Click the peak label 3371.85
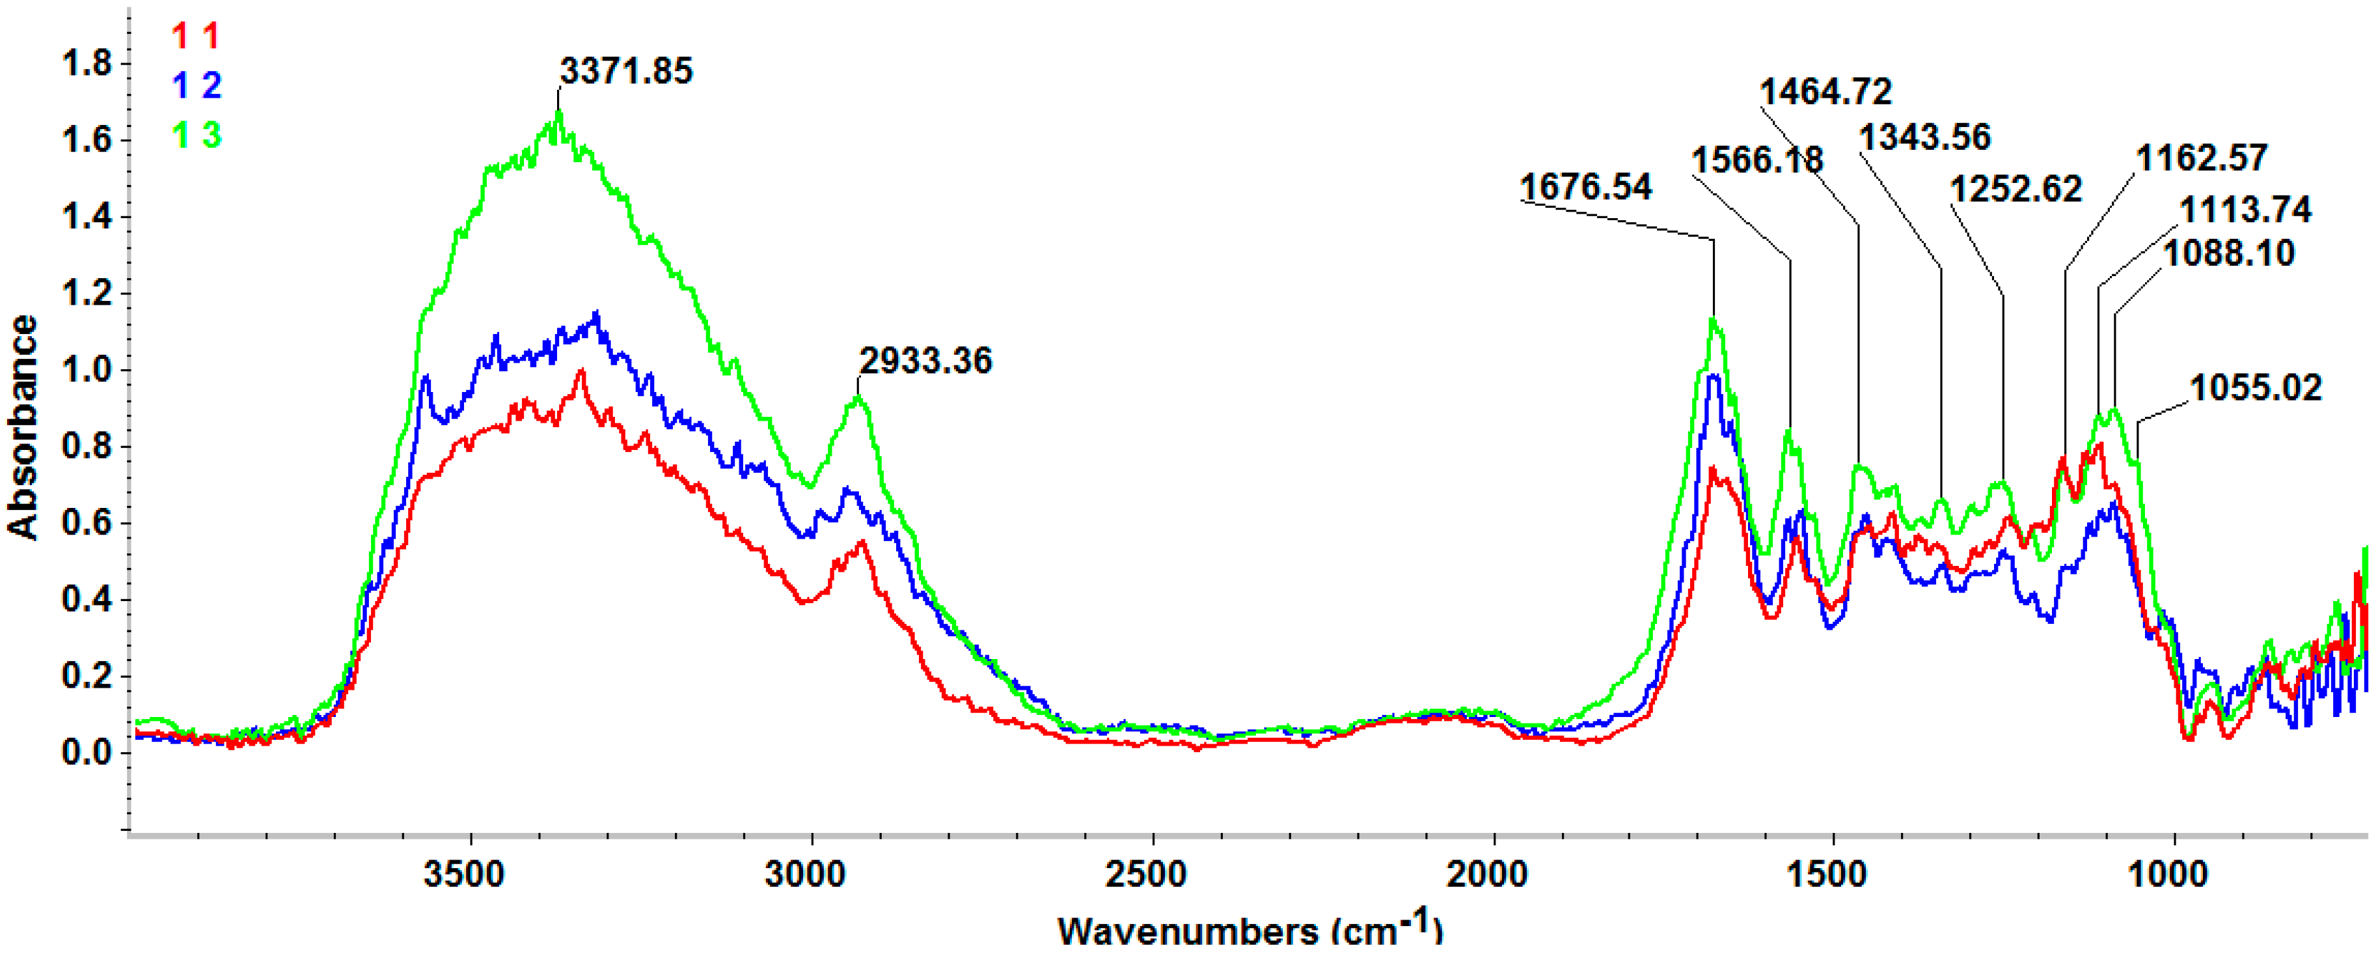626,71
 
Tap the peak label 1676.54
1585,187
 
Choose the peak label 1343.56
1925,137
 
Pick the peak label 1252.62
2016,190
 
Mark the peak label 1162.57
2202,158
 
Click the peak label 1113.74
2245,210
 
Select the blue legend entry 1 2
196,86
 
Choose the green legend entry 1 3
196,135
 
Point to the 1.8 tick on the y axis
86,64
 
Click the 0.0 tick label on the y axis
86,753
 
